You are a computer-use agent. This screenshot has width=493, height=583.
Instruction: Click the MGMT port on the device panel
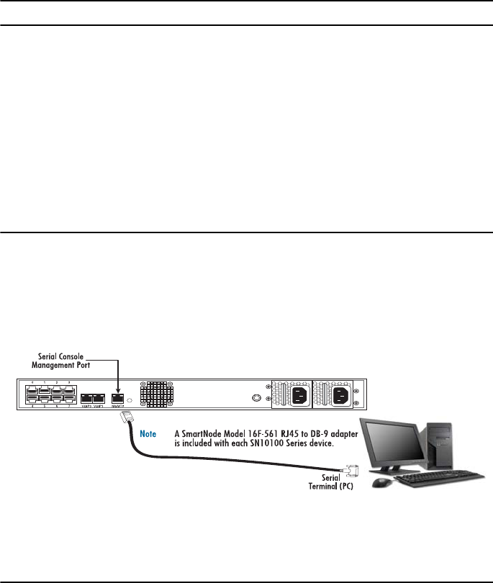tap(117, 397)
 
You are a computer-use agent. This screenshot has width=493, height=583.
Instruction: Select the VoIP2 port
tap(86, 398)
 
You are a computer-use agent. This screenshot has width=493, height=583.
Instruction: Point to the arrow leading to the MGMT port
tap(117, 374)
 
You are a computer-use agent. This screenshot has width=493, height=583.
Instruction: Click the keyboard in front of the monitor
tap(439, 476)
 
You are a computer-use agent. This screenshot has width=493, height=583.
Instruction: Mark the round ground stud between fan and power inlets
tap(254, 397)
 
